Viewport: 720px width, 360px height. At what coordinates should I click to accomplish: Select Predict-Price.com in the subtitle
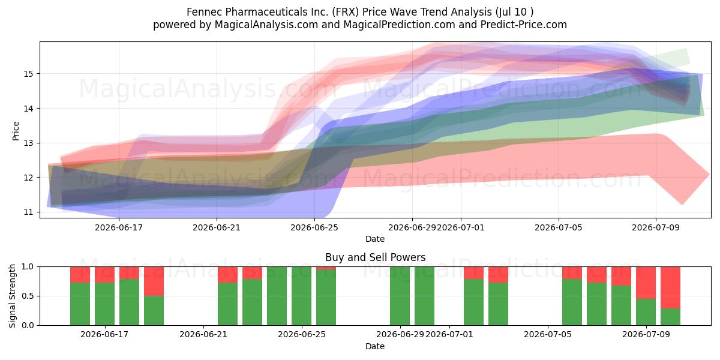(524, 25)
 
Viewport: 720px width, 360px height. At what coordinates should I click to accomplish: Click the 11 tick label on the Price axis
(28, 212)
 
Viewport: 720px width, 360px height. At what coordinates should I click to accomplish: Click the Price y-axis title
(16, 131)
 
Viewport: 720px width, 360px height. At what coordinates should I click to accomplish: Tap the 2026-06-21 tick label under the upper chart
(217, 227)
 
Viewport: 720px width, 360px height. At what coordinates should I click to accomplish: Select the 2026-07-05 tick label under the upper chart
(559, 227)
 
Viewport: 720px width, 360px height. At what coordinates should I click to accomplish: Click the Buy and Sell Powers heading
(375, 257)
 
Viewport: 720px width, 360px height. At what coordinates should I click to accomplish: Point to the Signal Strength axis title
(12, 296)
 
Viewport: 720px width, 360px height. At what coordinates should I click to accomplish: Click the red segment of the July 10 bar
(671, 287)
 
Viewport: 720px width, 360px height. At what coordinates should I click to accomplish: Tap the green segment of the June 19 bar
(154, 311)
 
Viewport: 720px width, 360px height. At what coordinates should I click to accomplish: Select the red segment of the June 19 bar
(154, 281)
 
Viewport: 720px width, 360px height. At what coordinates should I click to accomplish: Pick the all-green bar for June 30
(424, 296)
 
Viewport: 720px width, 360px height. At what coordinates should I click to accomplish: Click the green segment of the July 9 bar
(646, 312)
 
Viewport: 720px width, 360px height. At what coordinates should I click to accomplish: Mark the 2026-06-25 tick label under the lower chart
(302, 335)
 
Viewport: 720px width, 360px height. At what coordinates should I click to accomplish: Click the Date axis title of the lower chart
(375, 346)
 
